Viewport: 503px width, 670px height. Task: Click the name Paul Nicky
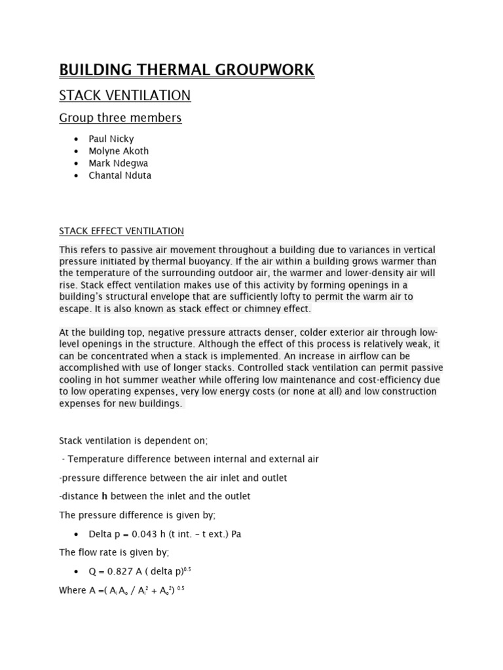coord(111,139)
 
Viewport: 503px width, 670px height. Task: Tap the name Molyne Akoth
coord(119,151)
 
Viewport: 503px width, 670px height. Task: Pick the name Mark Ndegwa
coord(119,164)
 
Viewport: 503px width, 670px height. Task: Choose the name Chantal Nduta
coord(120,175)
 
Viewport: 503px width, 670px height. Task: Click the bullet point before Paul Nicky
coord(77,139)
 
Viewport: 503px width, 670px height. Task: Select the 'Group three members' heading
coord(121,118)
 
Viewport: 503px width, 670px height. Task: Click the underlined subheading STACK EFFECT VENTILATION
coord(121,231)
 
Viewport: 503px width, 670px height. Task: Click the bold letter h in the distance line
coord(104,497)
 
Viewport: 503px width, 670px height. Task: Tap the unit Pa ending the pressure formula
coord(235,534)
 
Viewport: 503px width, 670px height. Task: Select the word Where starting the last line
coord(73,590)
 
